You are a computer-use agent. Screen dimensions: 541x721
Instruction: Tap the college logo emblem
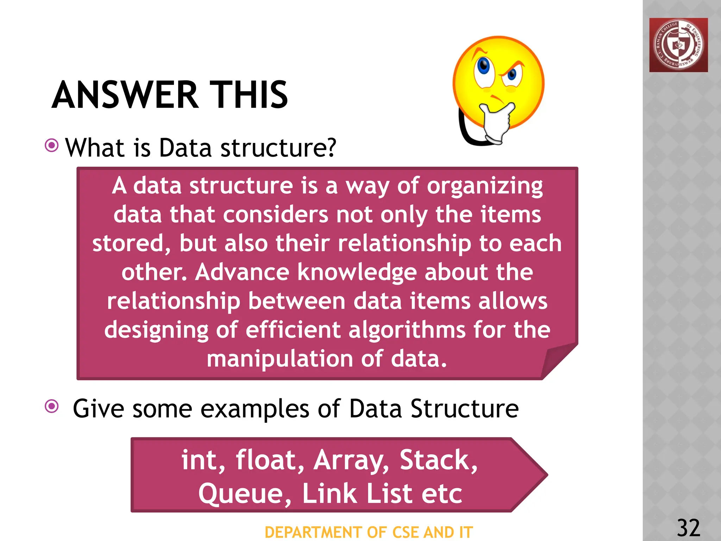(x=678, y=45)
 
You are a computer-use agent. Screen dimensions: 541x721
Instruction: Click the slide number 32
(x=688, y=528)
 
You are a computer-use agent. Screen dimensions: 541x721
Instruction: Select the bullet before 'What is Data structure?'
(x=52, y=145)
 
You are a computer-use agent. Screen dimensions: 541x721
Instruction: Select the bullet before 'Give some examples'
(x=52, y=406)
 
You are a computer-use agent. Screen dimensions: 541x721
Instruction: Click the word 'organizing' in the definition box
(x=485, y=186)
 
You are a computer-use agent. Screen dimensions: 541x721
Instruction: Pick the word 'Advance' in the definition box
(x=242, y=272)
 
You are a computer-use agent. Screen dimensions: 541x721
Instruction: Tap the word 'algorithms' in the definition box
(x=406, y=330)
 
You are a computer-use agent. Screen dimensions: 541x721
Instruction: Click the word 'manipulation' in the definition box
(x=280, y=359)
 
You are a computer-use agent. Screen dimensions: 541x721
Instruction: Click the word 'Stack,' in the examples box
(x=439, y=460)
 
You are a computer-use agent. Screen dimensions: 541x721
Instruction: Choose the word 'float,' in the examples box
(x=270, y=460)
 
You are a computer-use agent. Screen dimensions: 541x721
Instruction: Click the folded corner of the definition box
(x=558, y=361)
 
